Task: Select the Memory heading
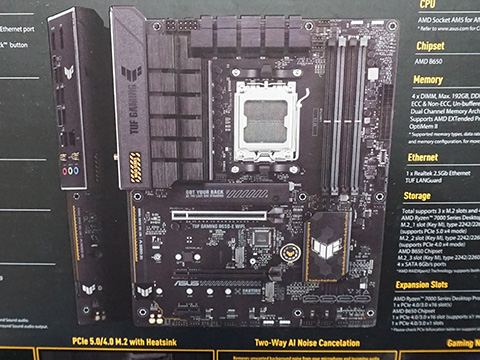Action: pyautogui.click(x=428, y=79)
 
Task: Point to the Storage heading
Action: pyautogui.click(x=418, y=196)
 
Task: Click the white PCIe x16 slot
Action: pyautogui.click(x=224, y=213)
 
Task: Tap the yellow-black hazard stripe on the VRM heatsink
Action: pyautogui.click(x=135, y=166)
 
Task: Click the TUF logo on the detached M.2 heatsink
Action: pyautogui.click(x=88, y=286)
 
